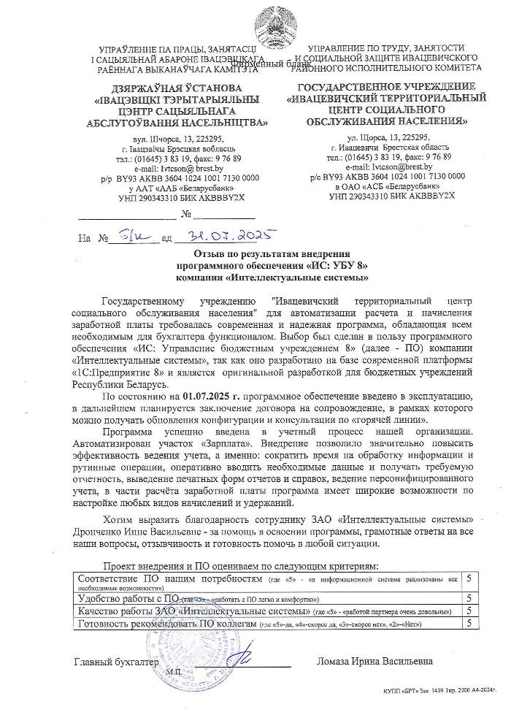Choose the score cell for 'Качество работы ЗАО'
click(469, 611)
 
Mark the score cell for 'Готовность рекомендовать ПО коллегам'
click(469, 623)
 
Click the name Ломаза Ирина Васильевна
click(374, 662)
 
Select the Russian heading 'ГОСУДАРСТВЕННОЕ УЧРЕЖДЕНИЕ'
click(387, 86)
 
